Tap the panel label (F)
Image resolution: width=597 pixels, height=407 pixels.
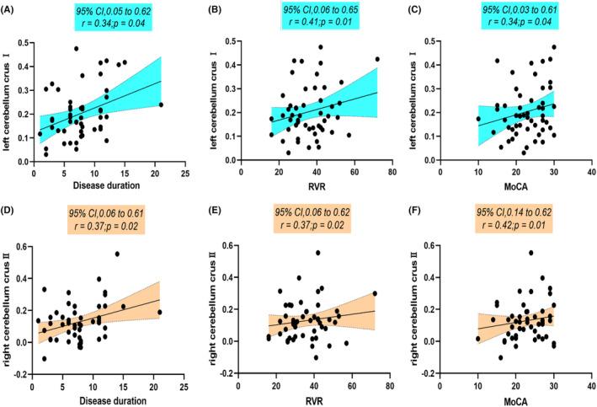418,216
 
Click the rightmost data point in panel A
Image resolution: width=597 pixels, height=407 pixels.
161,104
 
